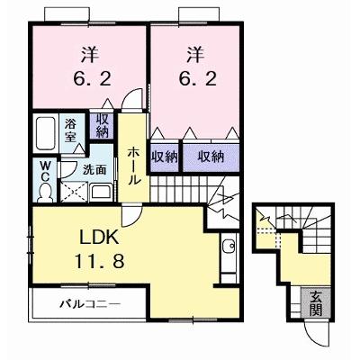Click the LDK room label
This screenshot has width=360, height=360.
click(99, 238)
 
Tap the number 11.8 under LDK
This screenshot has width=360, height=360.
click(99, 261)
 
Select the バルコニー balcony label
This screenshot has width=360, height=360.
click(90, 304)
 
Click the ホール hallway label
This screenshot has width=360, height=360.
click(133, 166)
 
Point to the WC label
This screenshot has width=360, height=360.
click(45, 171)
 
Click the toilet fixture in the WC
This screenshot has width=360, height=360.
click(45, 192)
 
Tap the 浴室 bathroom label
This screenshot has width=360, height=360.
click(71, 130)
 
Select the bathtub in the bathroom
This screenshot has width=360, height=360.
click(46, 133)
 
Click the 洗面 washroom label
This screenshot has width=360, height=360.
click(94, 170)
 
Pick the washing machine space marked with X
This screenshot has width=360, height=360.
click(74, 192)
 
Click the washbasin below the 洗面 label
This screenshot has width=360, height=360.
click(102, 192)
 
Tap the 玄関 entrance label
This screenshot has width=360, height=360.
click(315, 303)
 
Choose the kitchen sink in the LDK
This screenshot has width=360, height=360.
click(229, 247)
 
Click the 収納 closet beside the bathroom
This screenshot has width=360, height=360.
click(102, 126)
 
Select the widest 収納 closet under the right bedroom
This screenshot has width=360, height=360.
click(211, 157)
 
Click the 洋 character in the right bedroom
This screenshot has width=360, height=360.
click(195, 55)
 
